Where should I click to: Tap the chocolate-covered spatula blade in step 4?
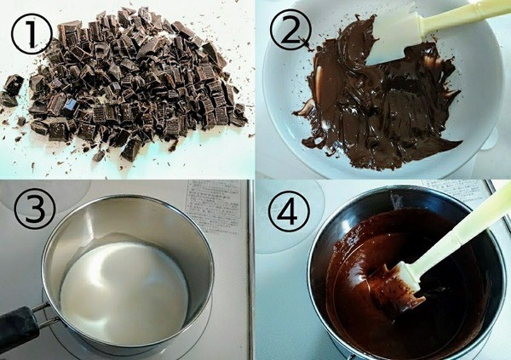[400, 285]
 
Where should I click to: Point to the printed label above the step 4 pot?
[451, 189]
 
